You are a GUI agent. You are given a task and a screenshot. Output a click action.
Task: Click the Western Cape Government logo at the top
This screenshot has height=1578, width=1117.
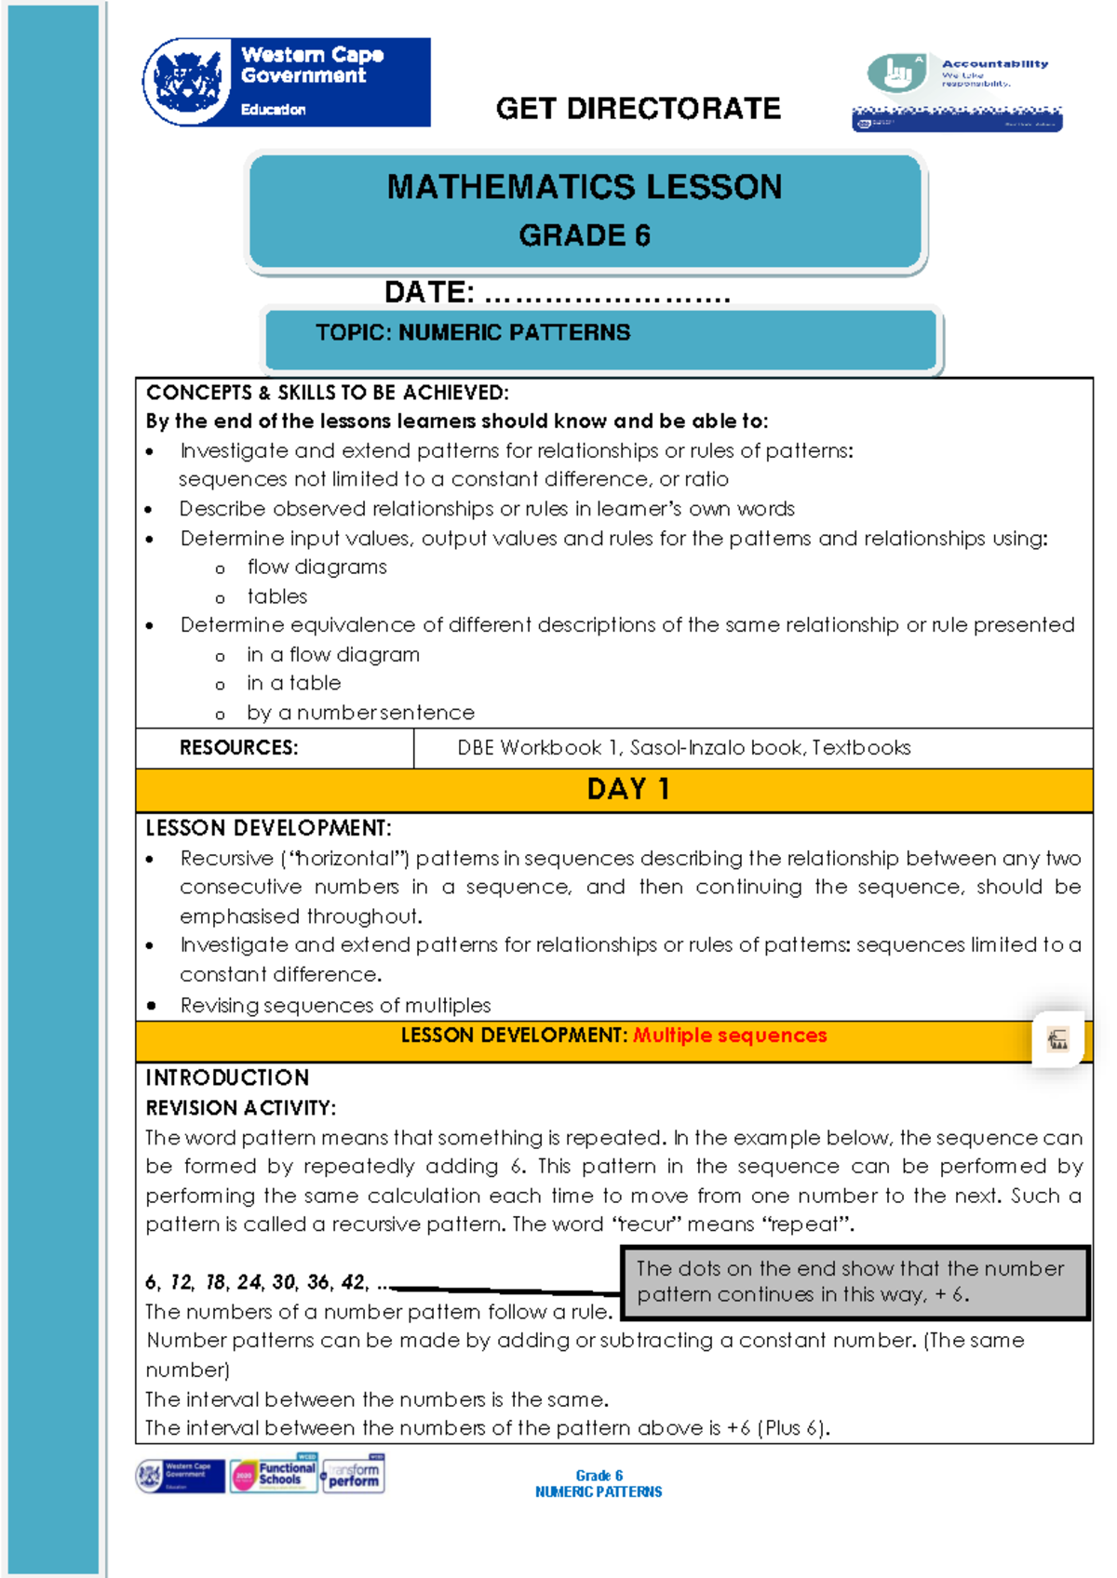coord(286,82)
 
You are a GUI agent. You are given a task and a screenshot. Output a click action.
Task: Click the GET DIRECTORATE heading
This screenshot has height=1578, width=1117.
coord(638,109)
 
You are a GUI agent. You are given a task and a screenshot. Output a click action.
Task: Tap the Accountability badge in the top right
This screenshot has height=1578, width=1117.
coord(957,91)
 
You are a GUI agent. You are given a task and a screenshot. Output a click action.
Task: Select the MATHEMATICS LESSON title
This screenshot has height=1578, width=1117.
coord(585,187)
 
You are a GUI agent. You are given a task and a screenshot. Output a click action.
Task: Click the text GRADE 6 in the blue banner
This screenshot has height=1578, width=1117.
coord(585,235)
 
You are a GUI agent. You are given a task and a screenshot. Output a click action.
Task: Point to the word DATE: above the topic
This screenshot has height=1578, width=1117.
coord(429,292)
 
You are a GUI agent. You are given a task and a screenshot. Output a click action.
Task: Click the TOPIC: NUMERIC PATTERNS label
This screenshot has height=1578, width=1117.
coord(473,333)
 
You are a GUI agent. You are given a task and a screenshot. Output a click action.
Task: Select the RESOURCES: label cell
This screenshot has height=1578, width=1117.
coord(239,748)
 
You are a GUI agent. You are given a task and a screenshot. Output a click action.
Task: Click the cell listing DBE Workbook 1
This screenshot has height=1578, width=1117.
coord(683,748)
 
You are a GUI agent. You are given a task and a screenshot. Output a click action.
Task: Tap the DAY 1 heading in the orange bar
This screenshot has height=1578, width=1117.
coord(627,789)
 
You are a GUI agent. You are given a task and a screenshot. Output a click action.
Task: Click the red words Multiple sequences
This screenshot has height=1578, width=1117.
coord(730,1036)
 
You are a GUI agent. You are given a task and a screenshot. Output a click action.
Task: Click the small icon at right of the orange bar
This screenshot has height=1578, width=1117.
coord(1058,1039)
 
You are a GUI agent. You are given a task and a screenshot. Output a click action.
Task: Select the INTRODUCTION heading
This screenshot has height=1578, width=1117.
coord(227,1077)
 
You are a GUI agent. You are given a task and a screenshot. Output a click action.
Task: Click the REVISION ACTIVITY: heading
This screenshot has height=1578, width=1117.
coord(240,1108)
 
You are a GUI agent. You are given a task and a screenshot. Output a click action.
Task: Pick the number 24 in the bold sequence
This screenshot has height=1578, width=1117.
coord(249,1282)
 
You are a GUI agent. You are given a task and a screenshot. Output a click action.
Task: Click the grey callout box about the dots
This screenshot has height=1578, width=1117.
coord(854,1282)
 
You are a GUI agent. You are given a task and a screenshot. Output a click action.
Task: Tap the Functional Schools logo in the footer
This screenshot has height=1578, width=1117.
coord(275,1475)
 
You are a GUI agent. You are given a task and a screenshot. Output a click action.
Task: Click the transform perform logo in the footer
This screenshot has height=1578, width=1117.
coord(353,1475)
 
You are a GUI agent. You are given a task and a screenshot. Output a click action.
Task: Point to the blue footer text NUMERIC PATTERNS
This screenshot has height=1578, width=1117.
coord(599,1491)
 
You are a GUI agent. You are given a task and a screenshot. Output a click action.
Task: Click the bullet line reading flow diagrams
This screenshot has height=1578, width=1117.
coord(316,568)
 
